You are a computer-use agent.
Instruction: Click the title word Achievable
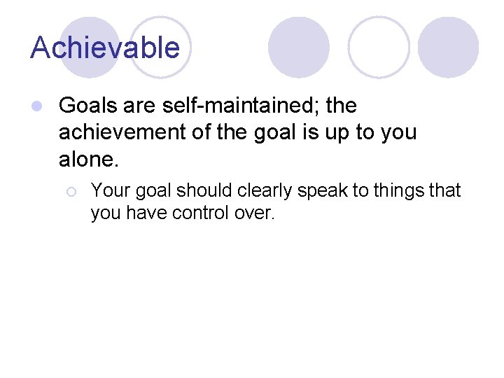[x=105, y=48]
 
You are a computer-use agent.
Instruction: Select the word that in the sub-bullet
[x=445, y=191]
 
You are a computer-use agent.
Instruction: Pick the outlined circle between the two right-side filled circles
[x=379, y=46]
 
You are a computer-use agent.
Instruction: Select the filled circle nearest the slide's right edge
[x=448, y=46]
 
